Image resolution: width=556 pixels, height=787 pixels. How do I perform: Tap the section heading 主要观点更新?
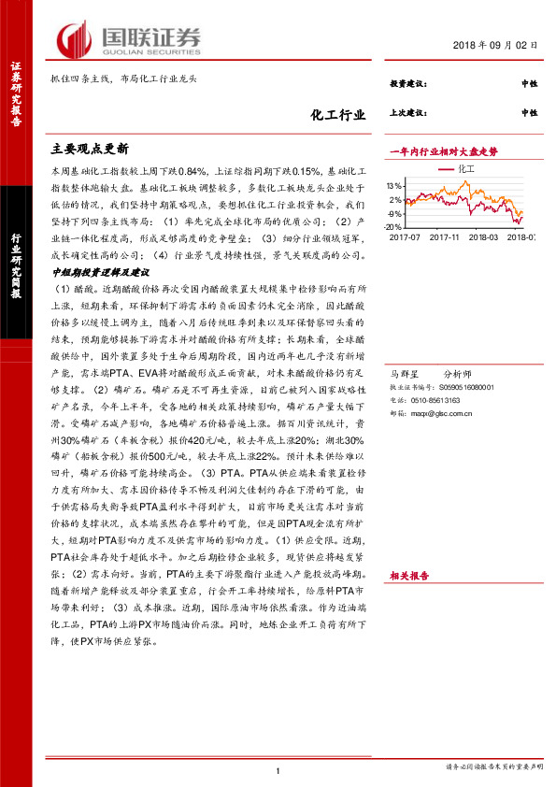pos(90,149)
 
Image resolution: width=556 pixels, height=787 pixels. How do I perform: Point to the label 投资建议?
pos(407,85)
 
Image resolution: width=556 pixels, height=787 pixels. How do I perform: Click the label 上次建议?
pos(407,112)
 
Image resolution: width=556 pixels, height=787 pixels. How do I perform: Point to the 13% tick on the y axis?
pos(393,186)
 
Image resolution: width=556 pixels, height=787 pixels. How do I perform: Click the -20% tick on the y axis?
pos(392,227)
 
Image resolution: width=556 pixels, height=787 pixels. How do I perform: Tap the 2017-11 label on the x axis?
pos(446,238)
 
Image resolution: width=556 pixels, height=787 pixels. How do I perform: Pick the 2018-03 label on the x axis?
pos(485,238)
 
